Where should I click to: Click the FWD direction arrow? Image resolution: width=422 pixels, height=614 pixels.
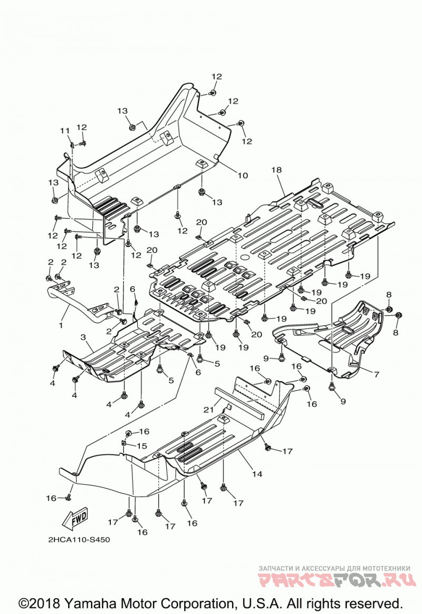coord(74,519)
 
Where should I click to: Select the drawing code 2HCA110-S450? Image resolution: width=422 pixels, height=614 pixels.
coord(79,540)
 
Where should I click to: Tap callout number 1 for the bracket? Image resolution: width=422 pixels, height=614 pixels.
coord(61,325)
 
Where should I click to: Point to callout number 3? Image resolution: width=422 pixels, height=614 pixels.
coord(83,337)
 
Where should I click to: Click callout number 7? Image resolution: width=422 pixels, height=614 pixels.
coord(377,374)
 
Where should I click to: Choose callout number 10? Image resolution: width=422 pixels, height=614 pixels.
coord(243,175)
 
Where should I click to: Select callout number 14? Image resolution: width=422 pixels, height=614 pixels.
coord(257,474)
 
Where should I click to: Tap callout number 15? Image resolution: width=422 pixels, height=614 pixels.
coord(141,446)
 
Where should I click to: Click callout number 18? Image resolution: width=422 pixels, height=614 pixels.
coord(276,170)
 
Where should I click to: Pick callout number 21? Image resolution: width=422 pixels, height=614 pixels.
coord(208,410)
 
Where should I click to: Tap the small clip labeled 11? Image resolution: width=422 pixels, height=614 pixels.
coord(72,145)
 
